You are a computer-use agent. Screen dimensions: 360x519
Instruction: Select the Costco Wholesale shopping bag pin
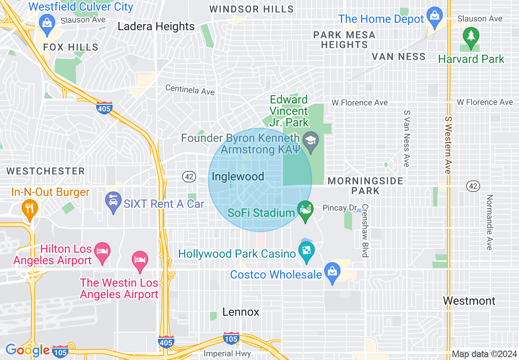[x=332, y=272]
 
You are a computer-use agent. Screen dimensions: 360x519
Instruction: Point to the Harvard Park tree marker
[x=471, y=37]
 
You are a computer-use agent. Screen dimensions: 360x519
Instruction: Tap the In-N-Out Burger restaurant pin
[x=29, y=208]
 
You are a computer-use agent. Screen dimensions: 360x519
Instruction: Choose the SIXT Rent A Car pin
[x=113, y=201]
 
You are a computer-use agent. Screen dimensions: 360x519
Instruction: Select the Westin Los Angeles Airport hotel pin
[x=140, y=260]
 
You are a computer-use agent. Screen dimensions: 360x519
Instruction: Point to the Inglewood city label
[x=238, y=177]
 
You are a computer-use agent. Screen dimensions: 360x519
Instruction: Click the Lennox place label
[x=241, y=312]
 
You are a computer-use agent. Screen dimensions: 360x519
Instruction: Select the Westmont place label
[x=469, y=301]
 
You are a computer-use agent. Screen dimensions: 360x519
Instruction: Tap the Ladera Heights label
[x=156, y=27]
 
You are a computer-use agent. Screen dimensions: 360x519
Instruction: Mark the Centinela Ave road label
[x=190, y=89]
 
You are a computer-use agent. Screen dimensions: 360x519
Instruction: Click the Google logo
[x=27, y=350]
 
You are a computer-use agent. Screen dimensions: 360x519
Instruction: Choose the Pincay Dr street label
[x=340, y=208]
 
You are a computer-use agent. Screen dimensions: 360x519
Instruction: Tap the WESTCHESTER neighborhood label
[x=45, y=171]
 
